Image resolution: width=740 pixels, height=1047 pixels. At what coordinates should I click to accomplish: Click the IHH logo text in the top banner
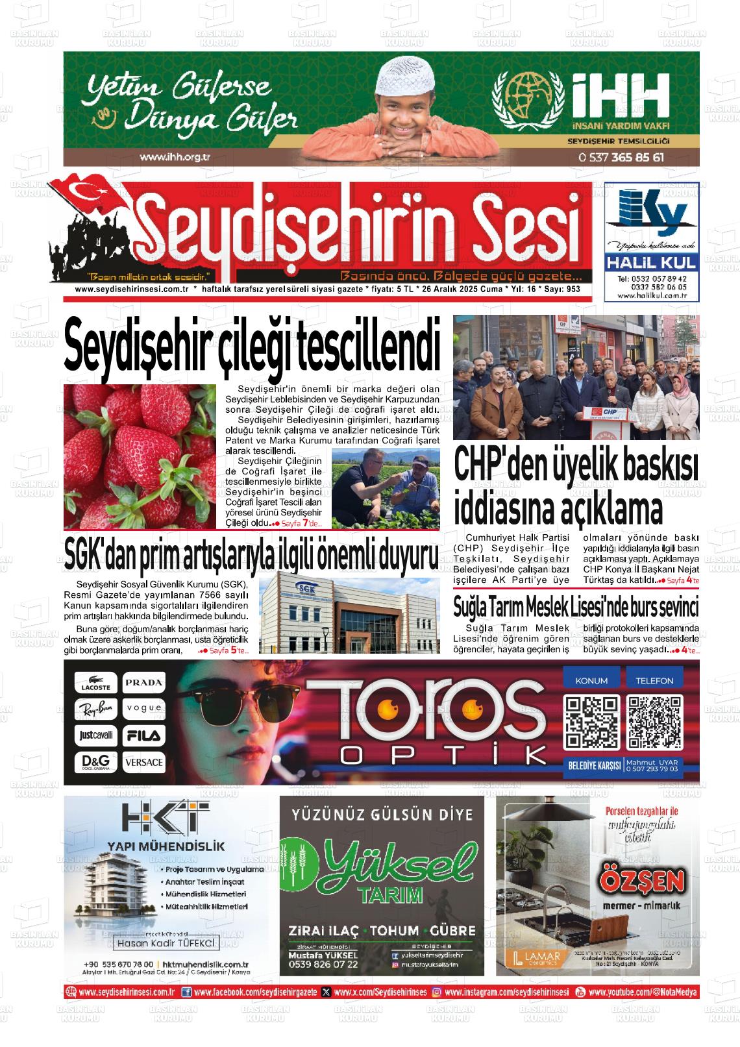(x=620, y=95)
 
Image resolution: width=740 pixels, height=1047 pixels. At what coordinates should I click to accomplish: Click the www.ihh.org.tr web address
(x=175, y=156)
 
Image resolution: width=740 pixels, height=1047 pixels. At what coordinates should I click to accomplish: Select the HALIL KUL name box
(x=651, y=263)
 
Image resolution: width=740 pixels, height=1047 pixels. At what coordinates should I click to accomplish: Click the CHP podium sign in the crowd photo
(x=610, y=413)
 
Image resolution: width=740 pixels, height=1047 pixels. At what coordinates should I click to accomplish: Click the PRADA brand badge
(x=144, y=682)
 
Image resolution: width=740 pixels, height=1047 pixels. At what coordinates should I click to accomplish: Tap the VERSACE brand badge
(x=144, y=762)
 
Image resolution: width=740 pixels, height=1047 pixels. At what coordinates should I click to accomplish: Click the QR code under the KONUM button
(x=591, y=722)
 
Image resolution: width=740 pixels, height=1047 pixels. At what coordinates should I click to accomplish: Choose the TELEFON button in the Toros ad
(x=654, y=680)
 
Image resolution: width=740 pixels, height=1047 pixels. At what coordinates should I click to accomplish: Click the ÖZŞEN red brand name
(x=642, y=881)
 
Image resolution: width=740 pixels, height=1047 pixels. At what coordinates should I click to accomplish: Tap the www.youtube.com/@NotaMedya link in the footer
(x=643, y=992)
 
